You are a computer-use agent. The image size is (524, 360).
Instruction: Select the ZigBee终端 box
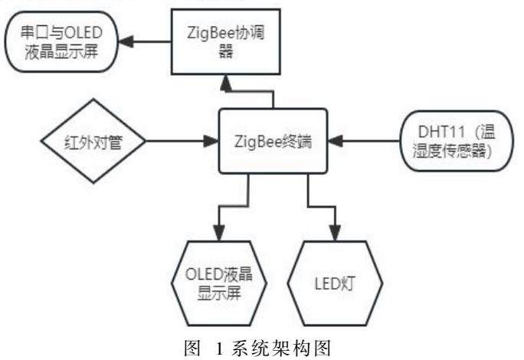point(273,141)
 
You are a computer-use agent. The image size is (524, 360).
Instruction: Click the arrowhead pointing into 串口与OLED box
point(131,43)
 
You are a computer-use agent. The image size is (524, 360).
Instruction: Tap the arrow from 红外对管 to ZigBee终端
point(176,141)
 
